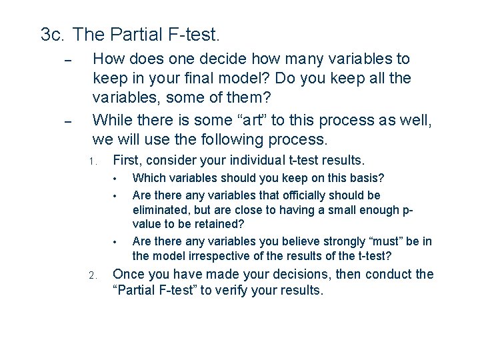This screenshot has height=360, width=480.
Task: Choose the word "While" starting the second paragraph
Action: tap(113, 120)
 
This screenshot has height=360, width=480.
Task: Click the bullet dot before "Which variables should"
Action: tap(115, 179)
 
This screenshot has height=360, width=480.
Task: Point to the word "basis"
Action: tap(366, 179)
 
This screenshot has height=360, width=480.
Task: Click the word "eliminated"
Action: tap(161, 210)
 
